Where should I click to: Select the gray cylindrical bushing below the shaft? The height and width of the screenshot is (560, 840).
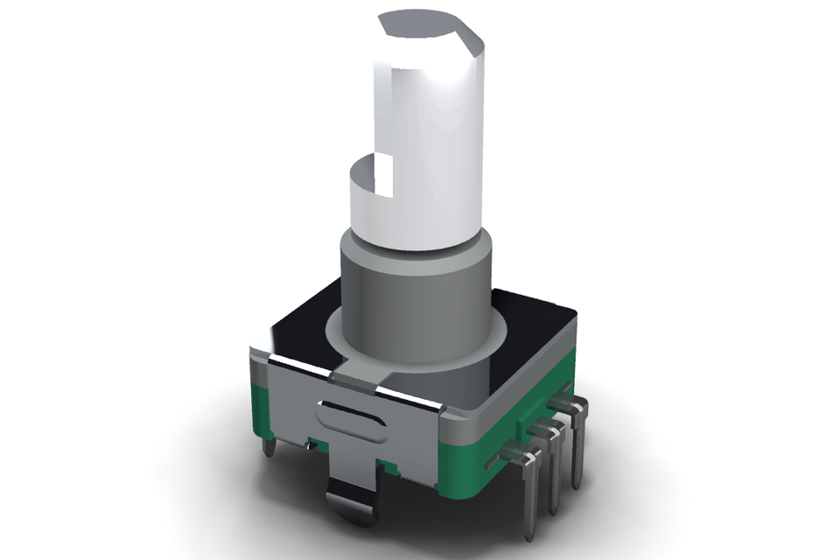click(411, 297)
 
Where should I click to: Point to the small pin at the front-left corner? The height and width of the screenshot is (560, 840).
click(269, 448)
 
